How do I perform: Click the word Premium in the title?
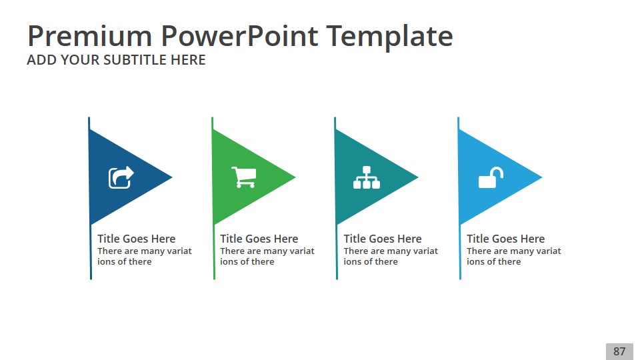click(x=90, y=36)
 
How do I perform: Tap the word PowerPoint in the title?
click(x=239, y=36)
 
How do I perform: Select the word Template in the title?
click(x=390, y=37)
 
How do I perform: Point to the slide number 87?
click(x=619, y=351)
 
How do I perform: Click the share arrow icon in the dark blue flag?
click(x=121, y=177)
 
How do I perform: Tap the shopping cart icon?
click(x=244, y=177)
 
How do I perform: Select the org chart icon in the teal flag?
click(x=367, y=177)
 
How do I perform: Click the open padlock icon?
click(x=491, y=177)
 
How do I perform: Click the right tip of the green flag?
click(x=295, y=177)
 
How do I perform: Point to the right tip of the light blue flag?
click(x=542, y=177)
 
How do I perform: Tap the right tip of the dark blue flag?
click(x=172, y=177)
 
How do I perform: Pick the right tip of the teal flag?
click(x=419, y=177)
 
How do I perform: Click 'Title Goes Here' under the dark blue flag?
click(x=136, y=239)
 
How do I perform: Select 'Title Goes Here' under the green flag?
click(x=259, y=239)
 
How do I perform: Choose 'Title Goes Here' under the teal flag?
click(x=383, y=239)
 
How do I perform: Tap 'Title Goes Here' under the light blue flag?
click(x=506, y=239)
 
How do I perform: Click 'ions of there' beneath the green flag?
click(x=247, y=261)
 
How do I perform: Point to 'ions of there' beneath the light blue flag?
click(x=493, y=261)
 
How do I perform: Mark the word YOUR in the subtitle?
click(x=79, y=60)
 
